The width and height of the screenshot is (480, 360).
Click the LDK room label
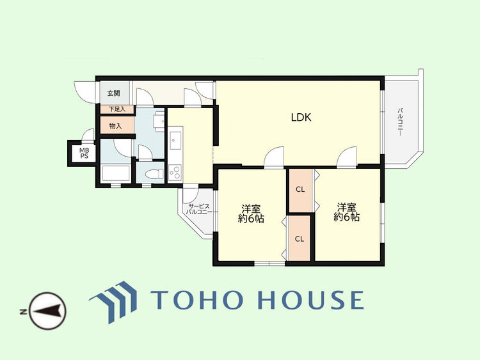pyautogui.click(x=301, y=118)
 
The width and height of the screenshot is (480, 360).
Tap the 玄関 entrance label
pyautogui.click(x=113, y=93)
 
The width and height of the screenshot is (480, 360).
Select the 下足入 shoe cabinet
pyautogui.click(x=117, y=109)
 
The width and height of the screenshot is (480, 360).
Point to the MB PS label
pyautogui.click(x=84, y=153)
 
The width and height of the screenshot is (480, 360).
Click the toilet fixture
pyautogui.click(x=155, y=175)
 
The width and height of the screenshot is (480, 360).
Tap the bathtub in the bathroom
pyautogui.click(x=116, y=173)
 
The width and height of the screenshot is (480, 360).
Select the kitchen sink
pyautogui.click(x=175, y=141)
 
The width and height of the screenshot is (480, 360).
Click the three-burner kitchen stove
pyautogui.click(x=175, y=172)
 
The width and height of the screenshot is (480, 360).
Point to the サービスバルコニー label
pyautogui.click(x=199, y=209)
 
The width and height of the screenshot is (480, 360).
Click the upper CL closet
pyautogui.click(x=301, y=190)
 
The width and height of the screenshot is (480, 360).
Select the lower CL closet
pyautogui.click(x=300, y=239)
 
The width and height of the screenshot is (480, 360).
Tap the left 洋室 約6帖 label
pyautogui.click(x=251, y=214)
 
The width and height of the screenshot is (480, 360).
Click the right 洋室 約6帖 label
pyautogui.click(x=346, y=212)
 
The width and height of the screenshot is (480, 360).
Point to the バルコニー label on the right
pyautogui.click(x=399, y=121)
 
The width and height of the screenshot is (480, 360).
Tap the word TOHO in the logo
pyautogui.click(x=198, y=299)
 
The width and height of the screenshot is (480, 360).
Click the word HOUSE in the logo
pyautogui.click(x=311, y=299)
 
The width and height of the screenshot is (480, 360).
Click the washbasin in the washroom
pyautogui.click(x=159, y=121)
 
